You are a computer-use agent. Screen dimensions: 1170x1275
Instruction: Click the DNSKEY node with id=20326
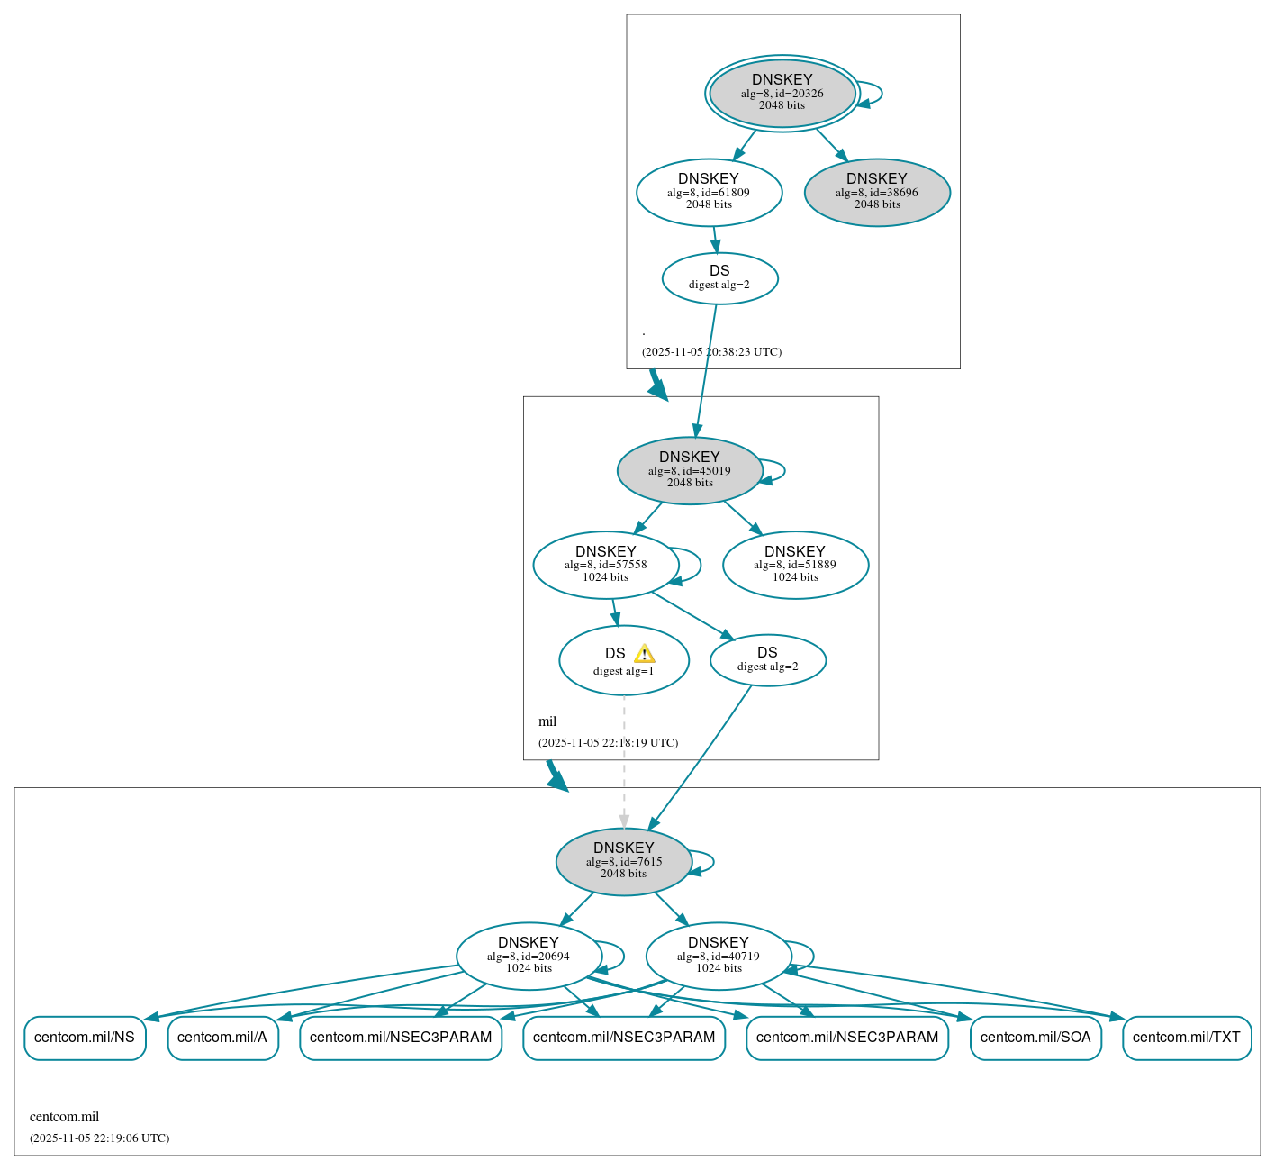[x=782, y=93]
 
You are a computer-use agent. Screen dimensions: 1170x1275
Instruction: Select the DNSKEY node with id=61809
[x=709, y=192]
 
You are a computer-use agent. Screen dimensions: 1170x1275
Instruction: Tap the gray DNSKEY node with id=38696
[x=877, y=192]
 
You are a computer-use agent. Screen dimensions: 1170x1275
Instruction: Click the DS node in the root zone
[x=719, y=278]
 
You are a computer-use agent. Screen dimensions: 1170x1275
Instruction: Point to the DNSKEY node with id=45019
[x=690, y=470]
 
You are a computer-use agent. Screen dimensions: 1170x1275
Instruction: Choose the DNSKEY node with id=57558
[x=605, y=565]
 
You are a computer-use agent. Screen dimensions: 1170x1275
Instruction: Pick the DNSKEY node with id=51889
[x=795, y=565]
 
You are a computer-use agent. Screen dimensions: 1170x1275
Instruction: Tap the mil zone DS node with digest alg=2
[x=767, y=660]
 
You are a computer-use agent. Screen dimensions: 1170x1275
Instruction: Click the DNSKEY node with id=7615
[x=623, y=861]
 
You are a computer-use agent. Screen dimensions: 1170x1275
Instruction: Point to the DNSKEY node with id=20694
[x=529, y=956]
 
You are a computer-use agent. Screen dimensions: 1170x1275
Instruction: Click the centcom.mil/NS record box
[x=85, y=1038]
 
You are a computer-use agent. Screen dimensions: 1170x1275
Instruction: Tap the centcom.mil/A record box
[x=222, y=1038]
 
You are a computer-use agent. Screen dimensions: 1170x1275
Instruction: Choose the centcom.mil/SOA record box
[x=1035, y=1038]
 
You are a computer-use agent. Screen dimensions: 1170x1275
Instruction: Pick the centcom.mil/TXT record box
[x=1187, y=1038]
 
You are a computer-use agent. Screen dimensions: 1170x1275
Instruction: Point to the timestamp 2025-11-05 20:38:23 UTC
[x=711, y=352]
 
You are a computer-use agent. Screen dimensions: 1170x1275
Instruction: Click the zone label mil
[x=547, y=721]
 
